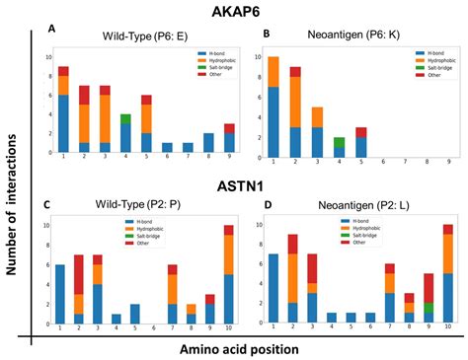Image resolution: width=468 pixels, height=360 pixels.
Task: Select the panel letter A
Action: click(x=52, y=32)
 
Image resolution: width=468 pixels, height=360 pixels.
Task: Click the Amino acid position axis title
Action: click(x=247, y=346)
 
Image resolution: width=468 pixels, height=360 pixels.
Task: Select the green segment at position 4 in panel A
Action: click(x=125, y=118)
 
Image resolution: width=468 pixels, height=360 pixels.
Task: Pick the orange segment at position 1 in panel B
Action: click(x=273, y=71)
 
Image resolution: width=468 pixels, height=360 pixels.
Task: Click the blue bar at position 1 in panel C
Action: click(x=62, y=289)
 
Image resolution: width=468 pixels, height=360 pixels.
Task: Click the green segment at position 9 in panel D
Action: click(x=429, y=308)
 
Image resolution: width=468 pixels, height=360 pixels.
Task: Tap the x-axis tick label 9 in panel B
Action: click(x=451, y=159)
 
